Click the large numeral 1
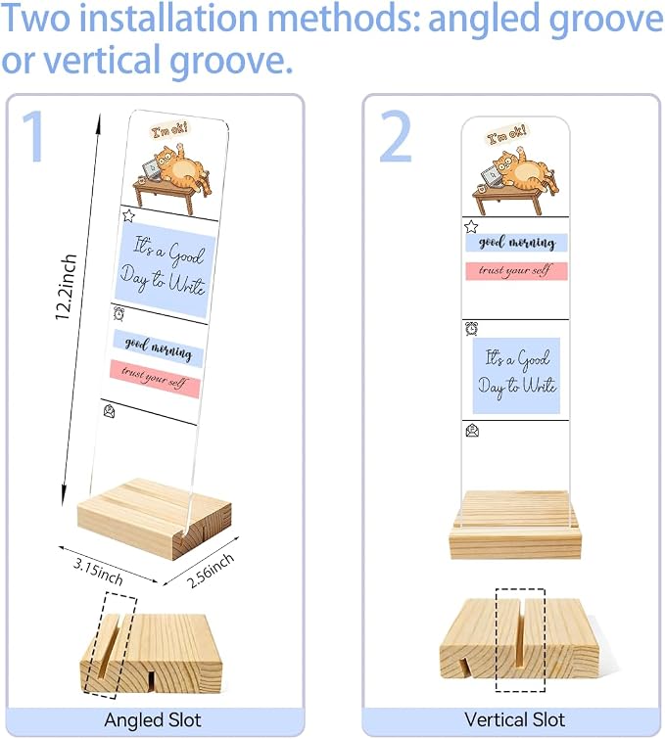pyautogui.click(x=34, y=136)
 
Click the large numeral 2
pyautogui.click(x=396, y=136)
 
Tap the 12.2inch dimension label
pyautogui.click(x=66, y=288)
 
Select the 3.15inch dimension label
pyautogui.click(x=98, y=571)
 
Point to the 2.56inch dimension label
pyautogui.click(x=211, y=571)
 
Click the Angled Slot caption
pyautogui.click(x=153, y=719)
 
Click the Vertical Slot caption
pyautogui.click(x=514, y=719)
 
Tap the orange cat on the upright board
pyautogui.click(x=524, y=171)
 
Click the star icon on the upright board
pyautogui.click(x=471, y=227)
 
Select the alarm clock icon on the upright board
pyautogui.click(x=472, y=328)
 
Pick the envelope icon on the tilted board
pyautogui.click(x=109, y=410)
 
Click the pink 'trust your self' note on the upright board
pyautogui.click(x=516, y=271)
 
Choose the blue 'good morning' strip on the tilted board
pyautogui.click(x=158, y=348)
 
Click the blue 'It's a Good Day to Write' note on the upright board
pyautogui.click(x=516, y=376)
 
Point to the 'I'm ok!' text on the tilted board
pyautogui.click(x=169, y=130)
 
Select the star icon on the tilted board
pyautogui.click(x=128, y=215)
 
